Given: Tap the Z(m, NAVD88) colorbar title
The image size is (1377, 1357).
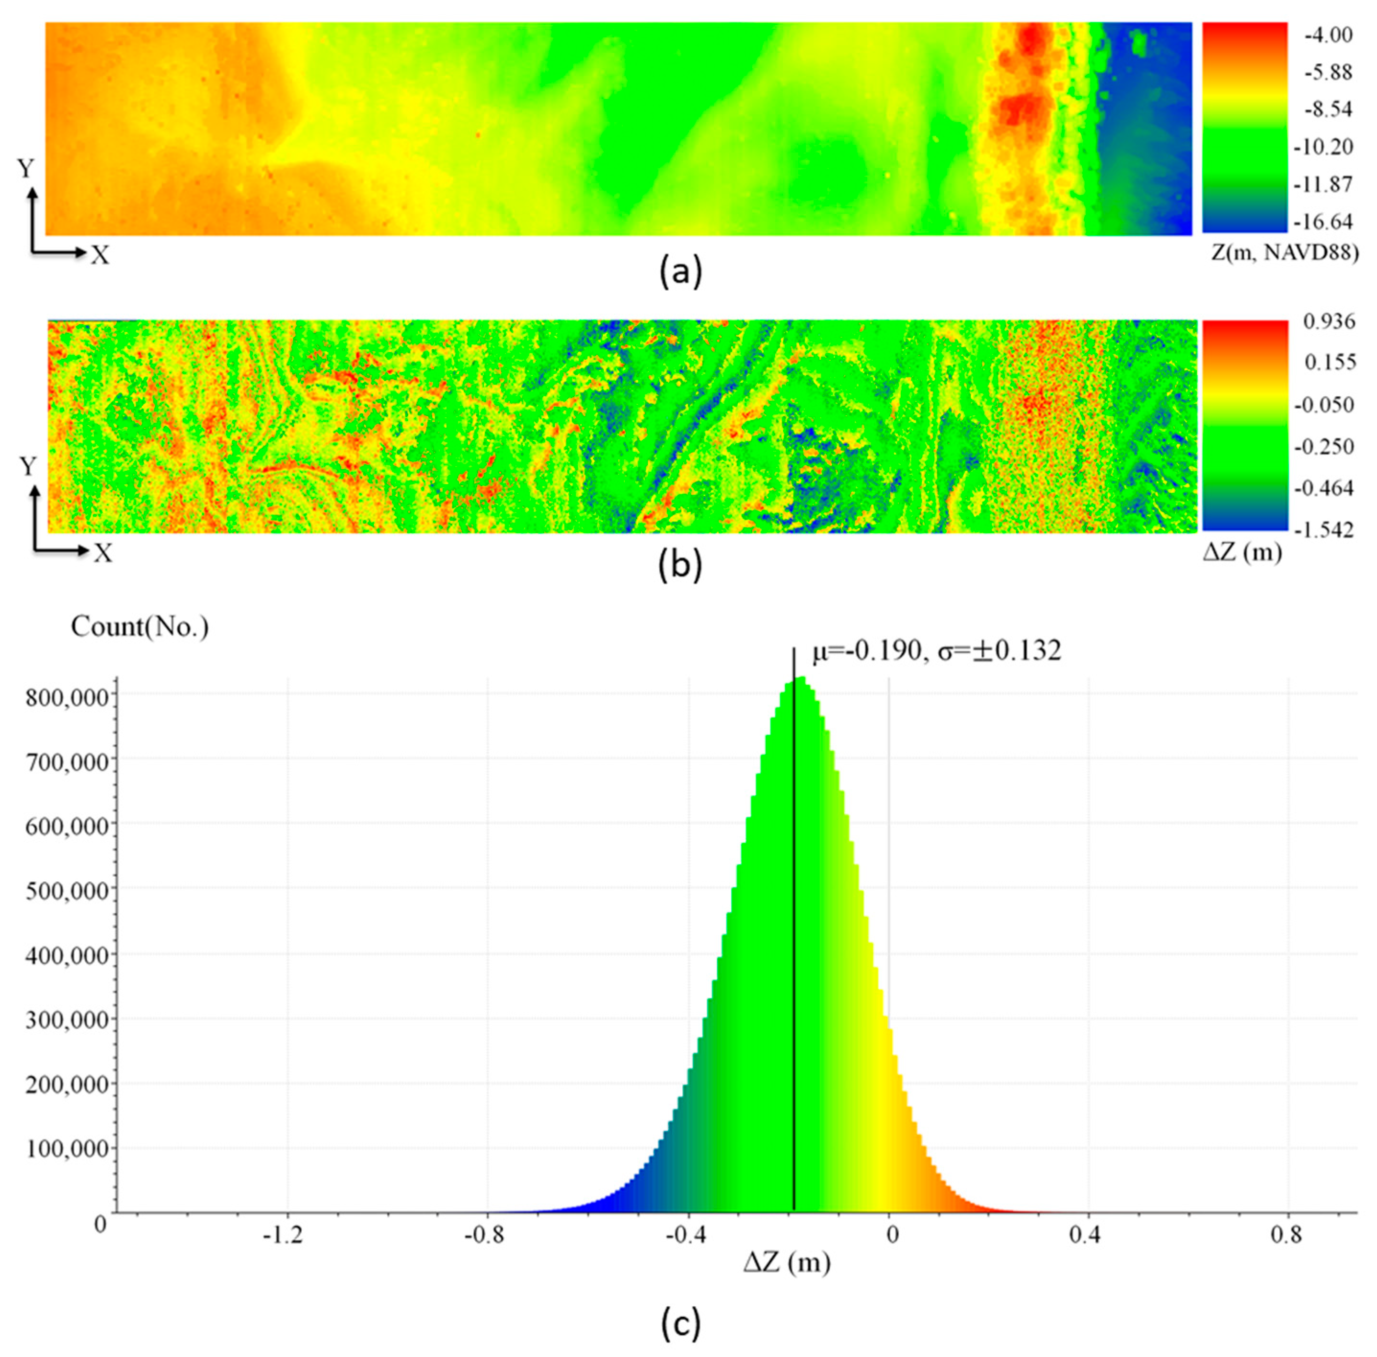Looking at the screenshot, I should point(1285,252).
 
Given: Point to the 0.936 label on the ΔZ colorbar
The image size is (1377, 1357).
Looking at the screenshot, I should point(1329,321).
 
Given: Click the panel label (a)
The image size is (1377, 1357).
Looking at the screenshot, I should point(681,272).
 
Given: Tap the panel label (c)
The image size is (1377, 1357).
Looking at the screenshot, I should point(681,1323).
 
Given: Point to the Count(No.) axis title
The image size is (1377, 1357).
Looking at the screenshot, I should point(140,627).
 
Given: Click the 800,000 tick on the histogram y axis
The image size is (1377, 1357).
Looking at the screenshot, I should point(68,697).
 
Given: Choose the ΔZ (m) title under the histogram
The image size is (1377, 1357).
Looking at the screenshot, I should point(787,1263).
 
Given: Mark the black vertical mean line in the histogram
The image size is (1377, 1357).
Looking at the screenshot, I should point(794,926).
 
